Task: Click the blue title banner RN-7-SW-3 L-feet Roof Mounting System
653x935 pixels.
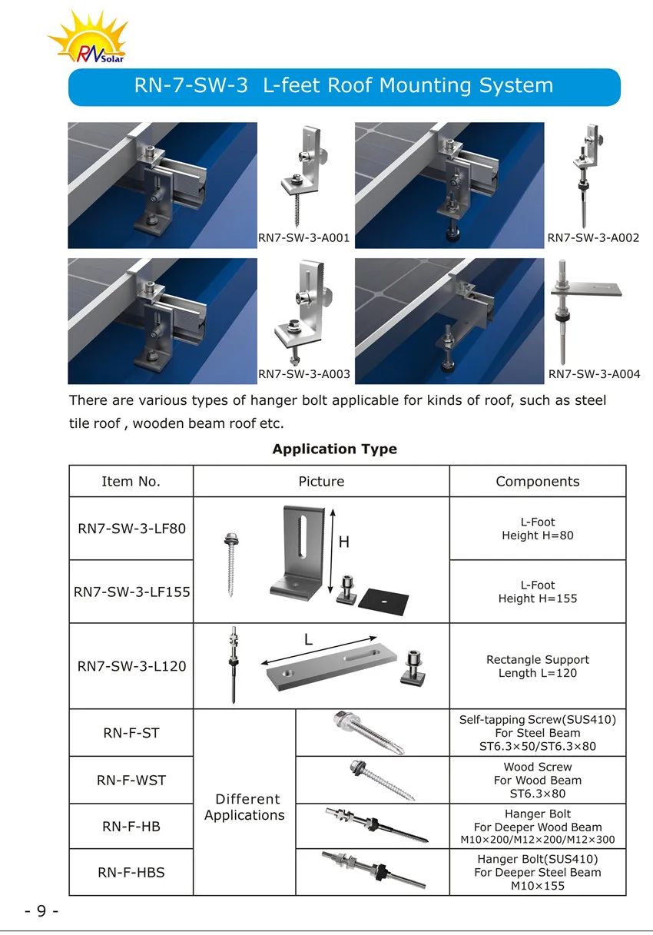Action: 344,86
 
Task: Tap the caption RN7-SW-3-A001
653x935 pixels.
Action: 303,238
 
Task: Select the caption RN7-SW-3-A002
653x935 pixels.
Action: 593,238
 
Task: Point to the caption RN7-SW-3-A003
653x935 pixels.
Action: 303,375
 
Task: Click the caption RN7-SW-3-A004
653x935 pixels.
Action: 593,375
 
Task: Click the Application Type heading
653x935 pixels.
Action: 334,449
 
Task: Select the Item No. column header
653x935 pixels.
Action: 131,482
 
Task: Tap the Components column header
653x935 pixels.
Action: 537,482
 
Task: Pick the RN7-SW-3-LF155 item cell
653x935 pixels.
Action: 131,592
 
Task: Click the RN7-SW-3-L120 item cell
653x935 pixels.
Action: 131,666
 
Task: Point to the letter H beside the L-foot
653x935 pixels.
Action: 343,542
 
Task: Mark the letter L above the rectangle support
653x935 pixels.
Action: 308,638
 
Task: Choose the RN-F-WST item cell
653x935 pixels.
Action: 131,780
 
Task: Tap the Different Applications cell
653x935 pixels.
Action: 244,807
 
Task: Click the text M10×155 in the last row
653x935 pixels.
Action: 538,886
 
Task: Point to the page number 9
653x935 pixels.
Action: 41,911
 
